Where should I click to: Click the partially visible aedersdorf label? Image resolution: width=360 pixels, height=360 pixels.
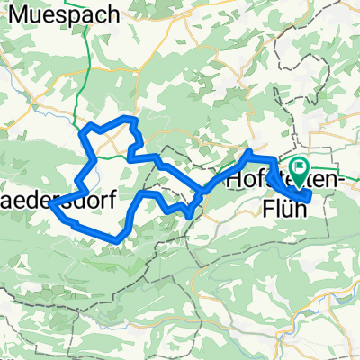pos(57,201)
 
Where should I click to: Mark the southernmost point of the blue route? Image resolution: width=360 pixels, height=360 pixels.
pos(117,238)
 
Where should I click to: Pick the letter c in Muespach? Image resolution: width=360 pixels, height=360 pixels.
pos(85,14)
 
